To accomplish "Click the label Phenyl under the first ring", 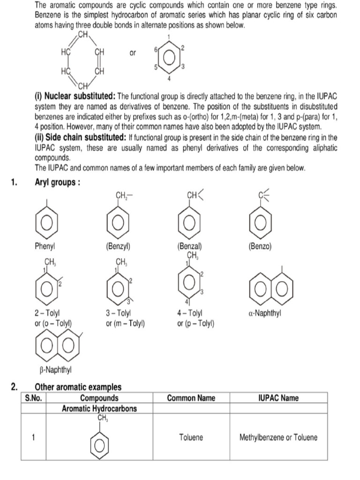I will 45,246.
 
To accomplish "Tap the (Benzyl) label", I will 118,246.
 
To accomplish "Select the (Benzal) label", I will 189,246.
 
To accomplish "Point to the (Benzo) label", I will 260,246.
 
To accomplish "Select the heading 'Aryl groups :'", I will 57,182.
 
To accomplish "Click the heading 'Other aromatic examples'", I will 78,387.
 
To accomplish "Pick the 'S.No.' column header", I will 33,398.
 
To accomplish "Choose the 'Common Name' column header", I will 191,398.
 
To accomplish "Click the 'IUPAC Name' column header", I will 278,398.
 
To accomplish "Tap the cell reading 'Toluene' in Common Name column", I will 191,437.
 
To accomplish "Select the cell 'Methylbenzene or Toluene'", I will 278,437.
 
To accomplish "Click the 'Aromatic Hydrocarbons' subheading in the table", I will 99,408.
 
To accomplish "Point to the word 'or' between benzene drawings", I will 133,53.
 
